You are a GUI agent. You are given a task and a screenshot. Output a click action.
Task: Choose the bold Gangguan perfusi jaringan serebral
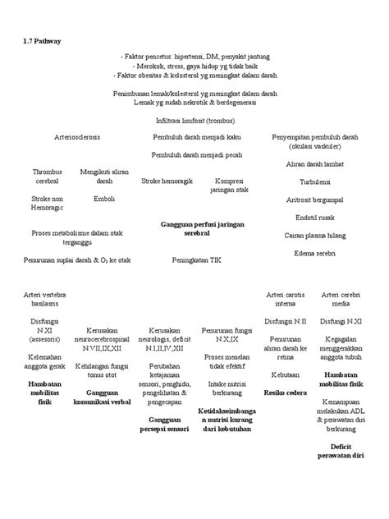pos(197,228)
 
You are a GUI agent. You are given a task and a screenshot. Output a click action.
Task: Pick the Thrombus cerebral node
pos(47,176)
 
